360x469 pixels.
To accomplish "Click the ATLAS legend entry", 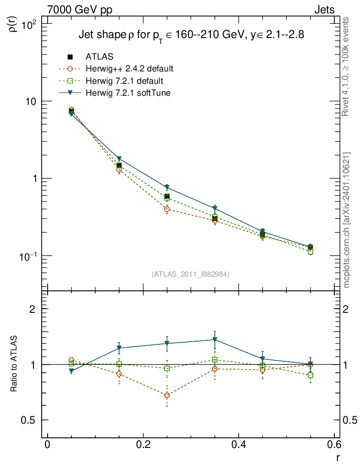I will (99, 57).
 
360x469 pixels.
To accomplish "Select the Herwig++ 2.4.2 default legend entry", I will (129, 69).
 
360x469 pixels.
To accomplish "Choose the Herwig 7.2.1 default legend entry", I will (124, 81).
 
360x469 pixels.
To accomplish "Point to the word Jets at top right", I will (324, 10).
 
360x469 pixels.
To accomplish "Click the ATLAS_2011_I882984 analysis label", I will (190, 274).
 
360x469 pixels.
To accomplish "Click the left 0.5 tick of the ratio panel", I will (31, 420).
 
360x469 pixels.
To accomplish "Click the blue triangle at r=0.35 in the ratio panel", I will (215, 340).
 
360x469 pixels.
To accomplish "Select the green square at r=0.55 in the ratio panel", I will (311, 376).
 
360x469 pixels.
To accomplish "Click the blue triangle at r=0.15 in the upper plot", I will (119, 159).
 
